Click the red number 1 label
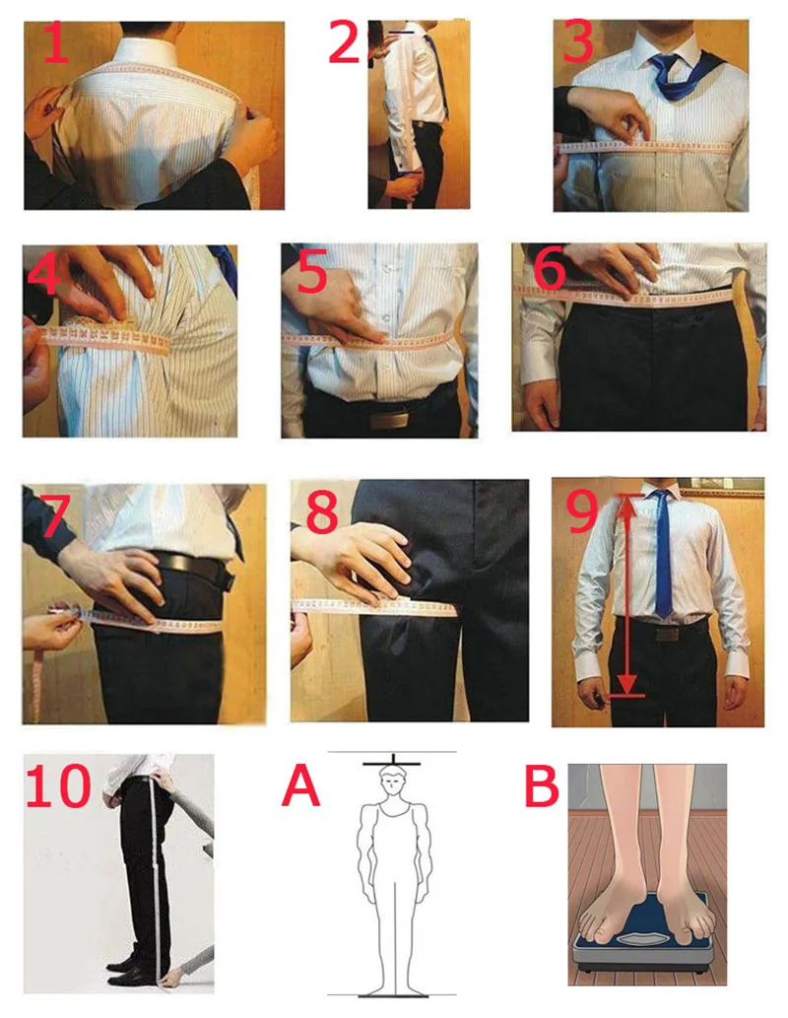pos(57,42)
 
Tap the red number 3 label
pos(579,41)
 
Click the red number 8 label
pos(323,511)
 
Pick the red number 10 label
pos(57,784)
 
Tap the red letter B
pos(542,784)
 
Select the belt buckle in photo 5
pos(389,420)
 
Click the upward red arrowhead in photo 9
pos(625,504)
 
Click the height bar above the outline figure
pos(392,764)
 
